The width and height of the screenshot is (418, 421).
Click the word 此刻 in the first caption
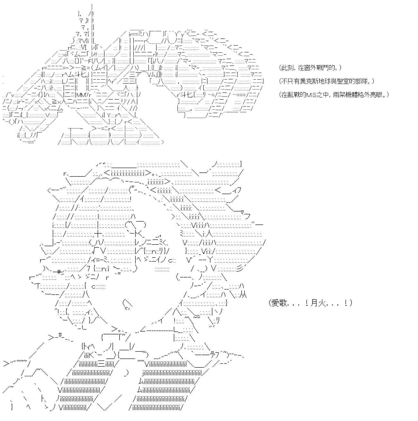point(286,68)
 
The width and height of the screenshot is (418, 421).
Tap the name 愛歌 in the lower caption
point(278,303)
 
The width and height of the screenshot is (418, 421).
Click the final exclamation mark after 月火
point(346,303)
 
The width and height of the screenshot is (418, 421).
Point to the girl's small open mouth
point(127,304)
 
